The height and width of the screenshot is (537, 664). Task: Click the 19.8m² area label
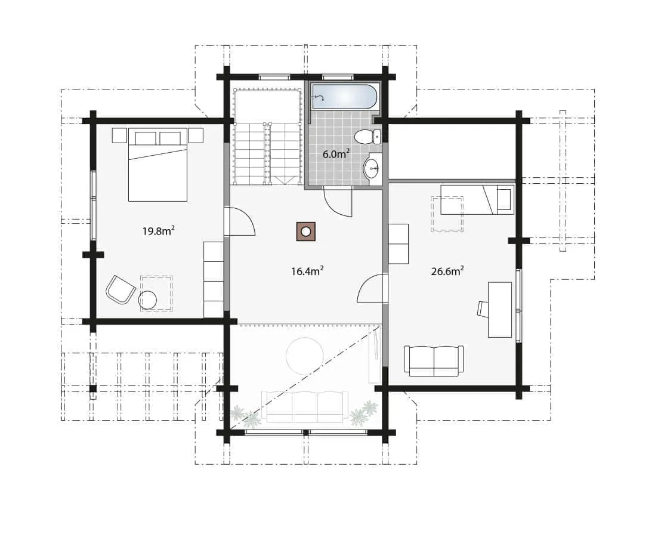pos(159,231)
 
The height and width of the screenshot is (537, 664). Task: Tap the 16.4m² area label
pos(307,271)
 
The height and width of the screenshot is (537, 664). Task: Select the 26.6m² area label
pos(447,271)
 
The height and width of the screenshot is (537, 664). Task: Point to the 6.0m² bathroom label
pos(336,154)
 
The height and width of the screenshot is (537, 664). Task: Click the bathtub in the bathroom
pos(344,97)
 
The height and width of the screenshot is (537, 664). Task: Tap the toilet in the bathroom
pos(367,137)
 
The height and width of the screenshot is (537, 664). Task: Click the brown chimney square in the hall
pos(305,232)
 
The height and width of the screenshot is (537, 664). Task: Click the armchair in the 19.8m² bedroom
pos(121,289)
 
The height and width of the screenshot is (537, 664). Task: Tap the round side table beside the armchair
pos(147,300)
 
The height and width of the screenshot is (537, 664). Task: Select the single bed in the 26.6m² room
pos(477,199)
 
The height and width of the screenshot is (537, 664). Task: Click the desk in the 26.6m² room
pos(500,310)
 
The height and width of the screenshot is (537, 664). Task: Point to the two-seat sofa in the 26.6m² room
pos(434,361)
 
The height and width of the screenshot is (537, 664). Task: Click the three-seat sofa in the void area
pos(305,406)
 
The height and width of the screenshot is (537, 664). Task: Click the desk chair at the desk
pos(483,308)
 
